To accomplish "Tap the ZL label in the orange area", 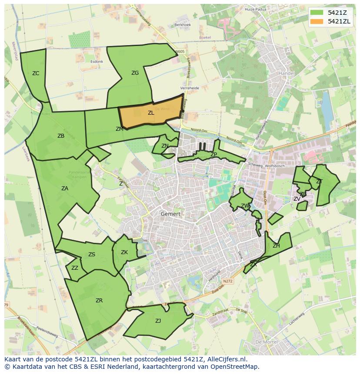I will (x=151, y=113).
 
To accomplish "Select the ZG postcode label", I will (x=135, y=73).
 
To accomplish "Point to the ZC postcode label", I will (x=36, y=73).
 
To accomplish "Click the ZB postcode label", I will (x=61, y=136).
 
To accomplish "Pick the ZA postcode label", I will (x=65, y=189).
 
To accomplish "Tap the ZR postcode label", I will (x=99, y=301).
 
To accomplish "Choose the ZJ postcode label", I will (x=158, y=321).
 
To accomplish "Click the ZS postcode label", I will (x=92, y=255).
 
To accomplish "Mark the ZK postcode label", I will (x=124, y=252).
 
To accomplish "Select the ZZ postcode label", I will (x=75, y=268).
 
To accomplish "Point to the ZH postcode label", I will (x=276, y=246).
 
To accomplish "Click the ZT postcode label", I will (x=319, y=182).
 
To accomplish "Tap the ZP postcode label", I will (x=213, y=155).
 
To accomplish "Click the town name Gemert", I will (x=170, y=214).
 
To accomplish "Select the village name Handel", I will (x=286, y=73).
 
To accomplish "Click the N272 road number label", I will (x=228, y=281).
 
